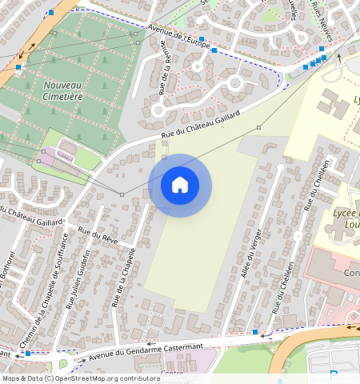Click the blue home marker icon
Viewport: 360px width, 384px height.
point(180,185)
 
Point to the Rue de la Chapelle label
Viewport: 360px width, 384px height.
point(123,277)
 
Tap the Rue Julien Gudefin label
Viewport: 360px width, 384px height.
point(81,277)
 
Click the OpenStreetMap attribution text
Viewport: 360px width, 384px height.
point(80,378)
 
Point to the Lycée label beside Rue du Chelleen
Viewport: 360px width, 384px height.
point(344,218)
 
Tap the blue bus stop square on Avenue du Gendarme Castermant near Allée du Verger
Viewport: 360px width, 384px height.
point(254,331)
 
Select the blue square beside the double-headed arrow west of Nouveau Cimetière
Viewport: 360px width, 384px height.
point(18,67)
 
